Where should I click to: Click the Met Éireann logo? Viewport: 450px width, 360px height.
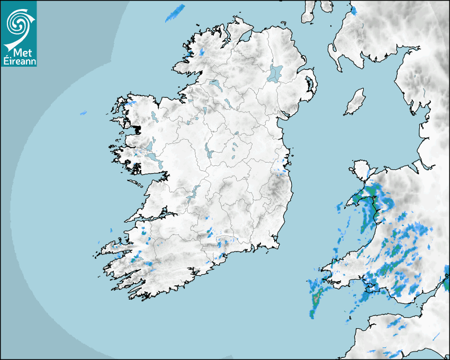coord(19,33)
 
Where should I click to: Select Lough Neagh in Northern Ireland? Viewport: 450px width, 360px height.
coord(276,73)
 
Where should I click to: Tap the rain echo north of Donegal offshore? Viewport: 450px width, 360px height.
coord(175,13)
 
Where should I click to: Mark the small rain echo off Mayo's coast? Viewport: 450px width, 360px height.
coord(83,113)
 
